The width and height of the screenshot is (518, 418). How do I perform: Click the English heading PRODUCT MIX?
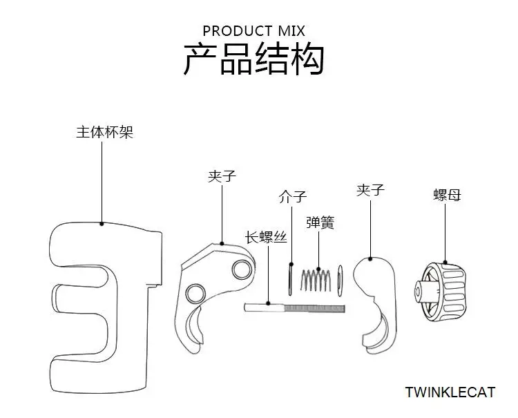tap(253, 31)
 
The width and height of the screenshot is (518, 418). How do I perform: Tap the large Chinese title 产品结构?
tap(253, 59)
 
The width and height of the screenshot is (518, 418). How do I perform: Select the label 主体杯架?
tap(104, 132)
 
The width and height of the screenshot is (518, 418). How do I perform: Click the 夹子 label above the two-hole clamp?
tap(222, 176)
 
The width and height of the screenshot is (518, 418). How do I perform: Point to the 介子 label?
tap(293, 197)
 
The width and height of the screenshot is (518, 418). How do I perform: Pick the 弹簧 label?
tap(320, 222)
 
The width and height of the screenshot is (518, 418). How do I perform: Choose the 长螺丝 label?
tap(266, 237)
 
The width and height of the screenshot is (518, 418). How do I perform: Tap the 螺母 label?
tap(447, 195)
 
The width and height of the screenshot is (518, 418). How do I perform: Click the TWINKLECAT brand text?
tap(450, 392)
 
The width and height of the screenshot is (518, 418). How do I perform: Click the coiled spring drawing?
tap(316, 281)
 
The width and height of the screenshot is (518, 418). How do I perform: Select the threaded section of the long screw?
tap(314, 308)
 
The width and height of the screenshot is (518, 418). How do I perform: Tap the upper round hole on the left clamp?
tap(242, 269)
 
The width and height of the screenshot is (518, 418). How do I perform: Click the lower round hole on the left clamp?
tap(195, 294)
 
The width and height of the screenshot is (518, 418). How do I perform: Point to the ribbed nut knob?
tap(441, 292)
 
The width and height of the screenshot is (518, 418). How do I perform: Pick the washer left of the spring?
tap(290, 279)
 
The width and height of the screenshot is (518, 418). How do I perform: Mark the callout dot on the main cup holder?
tap(102, 224)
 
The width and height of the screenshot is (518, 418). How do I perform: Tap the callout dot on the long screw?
tap(268, 303)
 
